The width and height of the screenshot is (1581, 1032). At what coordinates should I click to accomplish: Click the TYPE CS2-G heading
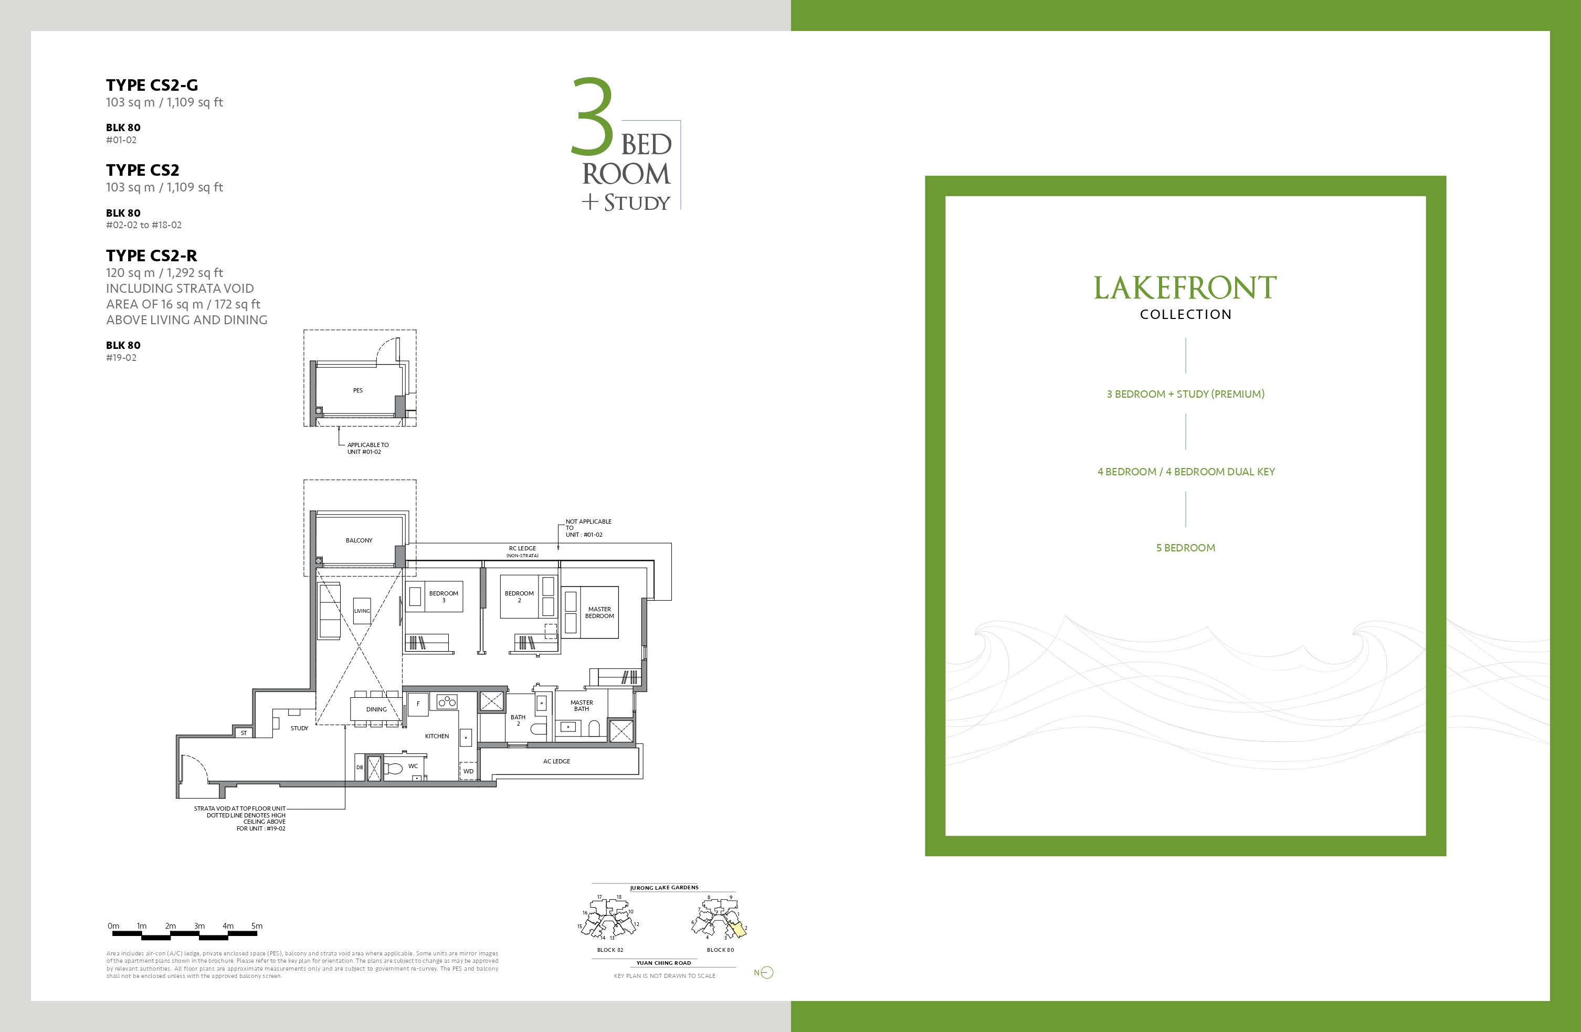tap(152, 85)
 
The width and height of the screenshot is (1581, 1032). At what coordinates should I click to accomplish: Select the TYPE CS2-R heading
tap(152, 256)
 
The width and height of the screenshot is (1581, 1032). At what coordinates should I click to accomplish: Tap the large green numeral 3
tap(593, 117)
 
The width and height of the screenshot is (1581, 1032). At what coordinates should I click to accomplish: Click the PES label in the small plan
tap(358, 390)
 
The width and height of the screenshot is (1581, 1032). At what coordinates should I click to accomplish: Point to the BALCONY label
tap(359, 540)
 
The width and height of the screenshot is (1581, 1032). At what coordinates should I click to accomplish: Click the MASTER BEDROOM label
tap(599, 612)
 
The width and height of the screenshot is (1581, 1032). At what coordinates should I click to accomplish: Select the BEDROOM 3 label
tap(444, 597)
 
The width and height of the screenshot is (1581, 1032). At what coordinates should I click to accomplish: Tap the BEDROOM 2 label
tap(519, 597)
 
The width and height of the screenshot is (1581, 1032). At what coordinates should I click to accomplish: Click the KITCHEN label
tap(437, 736)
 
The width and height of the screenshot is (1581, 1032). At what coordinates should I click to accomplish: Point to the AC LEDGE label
tap(557, 761)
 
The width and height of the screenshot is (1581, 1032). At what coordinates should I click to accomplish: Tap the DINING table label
tap(376, 709)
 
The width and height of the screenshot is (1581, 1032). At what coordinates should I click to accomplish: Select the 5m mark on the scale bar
tap(257, 925)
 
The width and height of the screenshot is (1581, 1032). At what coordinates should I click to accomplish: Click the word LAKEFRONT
tap(1185, 288)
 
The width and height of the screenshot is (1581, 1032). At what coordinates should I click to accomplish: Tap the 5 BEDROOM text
tap(1186, 548)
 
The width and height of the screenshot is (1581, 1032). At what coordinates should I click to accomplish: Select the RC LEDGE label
tap(522, 549)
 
